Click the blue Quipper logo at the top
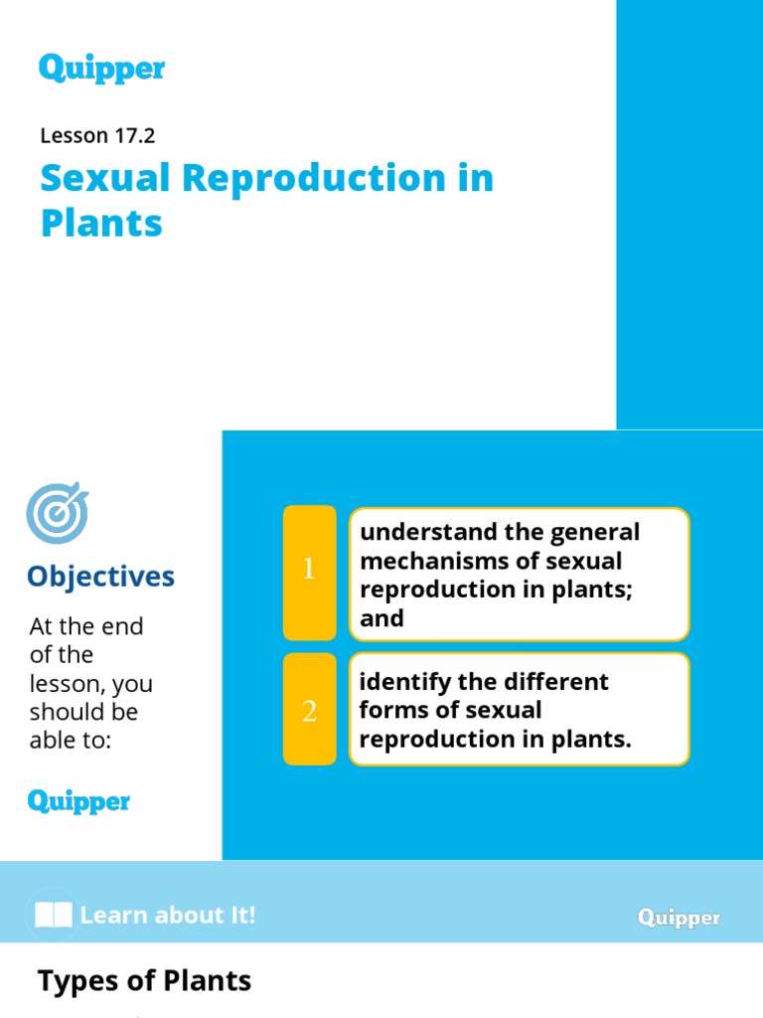point(101,69)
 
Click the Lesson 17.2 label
point(97,135)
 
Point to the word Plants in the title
point(101,224)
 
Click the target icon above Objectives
point(57,513)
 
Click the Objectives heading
point(100,577)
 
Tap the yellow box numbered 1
point(309,573)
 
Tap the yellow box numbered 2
point(309,710)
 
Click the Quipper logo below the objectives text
point(78,801)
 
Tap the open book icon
point(53,915)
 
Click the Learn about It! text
point(168,915)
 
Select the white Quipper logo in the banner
point(679,918)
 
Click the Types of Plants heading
point(144,982)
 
